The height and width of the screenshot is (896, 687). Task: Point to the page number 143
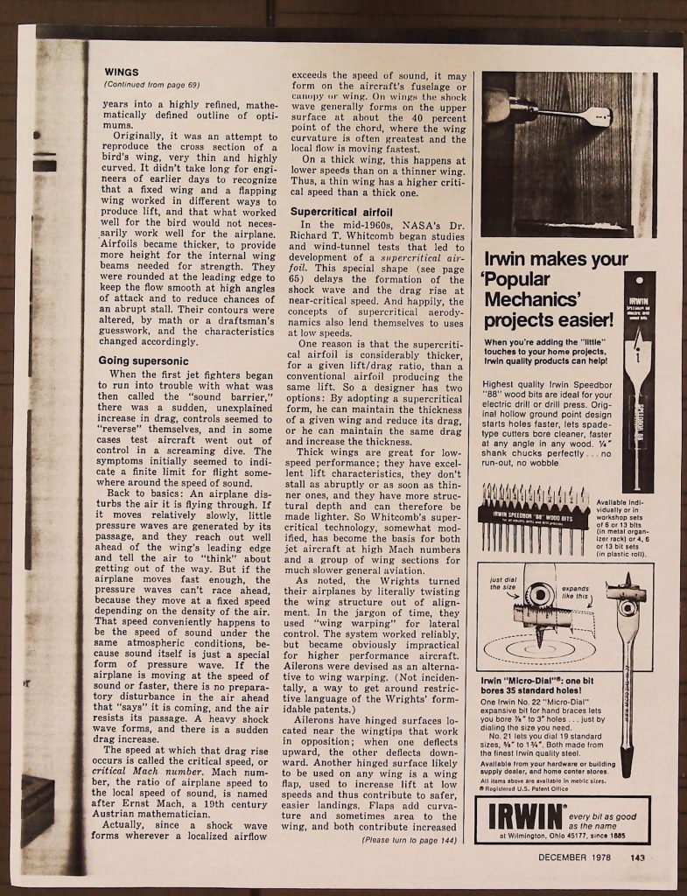point(638,857)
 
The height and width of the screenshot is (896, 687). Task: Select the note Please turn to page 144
point(410,840)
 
